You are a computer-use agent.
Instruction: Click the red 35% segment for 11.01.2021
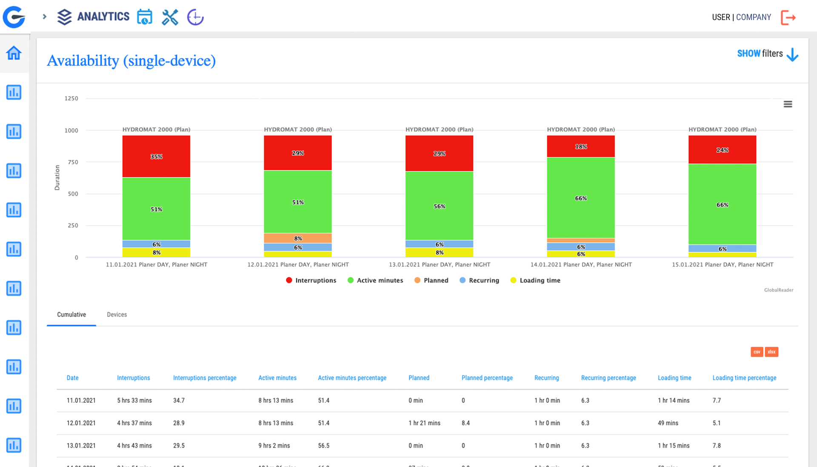click(x=156, y=156)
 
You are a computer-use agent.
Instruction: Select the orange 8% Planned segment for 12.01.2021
click(x=297, y=238)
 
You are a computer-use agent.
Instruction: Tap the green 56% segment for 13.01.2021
click(x=439, y=206)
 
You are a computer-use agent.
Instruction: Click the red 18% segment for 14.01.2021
click(x=580, y=146)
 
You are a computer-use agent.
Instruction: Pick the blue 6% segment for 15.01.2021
click(x=722, y=249)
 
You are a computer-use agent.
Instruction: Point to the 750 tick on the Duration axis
click(x=73, y=162)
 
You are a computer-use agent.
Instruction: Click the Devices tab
click(x=117, y=315)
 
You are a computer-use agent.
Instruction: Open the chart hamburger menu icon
click(x=788, y=104)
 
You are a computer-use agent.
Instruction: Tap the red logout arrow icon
click(x=788, y=17)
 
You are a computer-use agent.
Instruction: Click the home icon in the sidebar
click(x=14, y=53)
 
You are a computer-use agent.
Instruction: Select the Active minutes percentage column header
click(x=352, y=378)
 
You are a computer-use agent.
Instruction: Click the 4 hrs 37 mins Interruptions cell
click(x=134, y=423)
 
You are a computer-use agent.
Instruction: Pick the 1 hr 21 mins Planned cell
click(x=424, y=423)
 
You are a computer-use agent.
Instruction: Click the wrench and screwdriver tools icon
click(x=170, y=17)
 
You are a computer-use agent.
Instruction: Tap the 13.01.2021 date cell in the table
click(x=81, y=445)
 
